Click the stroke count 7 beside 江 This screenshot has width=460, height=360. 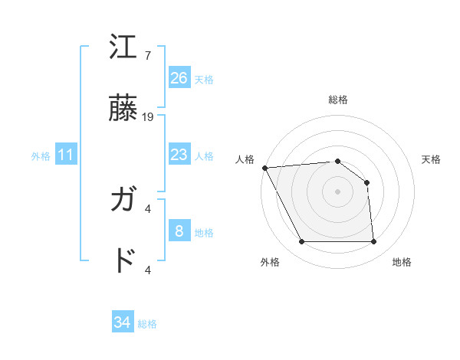tap(147, 56)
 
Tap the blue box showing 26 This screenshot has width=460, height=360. tap(179, 78)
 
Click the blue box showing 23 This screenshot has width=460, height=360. tap(179, 155)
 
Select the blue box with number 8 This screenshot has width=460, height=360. tap(179, 231)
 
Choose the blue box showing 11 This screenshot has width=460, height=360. tap(66, 155)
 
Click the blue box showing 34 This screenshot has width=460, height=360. tap(123, 322)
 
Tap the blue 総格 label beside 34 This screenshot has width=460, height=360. tap(147, 324)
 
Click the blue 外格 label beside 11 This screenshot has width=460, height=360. tap(41, 156)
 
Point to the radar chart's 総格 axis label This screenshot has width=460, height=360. tap(338, 100)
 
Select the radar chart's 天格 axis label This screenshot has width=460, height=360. tap(432, 159)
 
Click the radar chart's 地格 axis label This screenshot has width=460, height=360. tap(402, 262)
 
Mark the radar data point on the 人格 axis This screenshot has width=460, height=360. tap(264, 168)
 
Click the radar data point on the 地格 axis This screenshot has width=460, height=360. tap(373, 242)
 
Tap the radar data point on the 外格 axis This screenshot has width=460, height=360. tap(301, 242)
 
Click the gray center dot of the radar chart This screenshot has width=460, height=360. tap(337, 191)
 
